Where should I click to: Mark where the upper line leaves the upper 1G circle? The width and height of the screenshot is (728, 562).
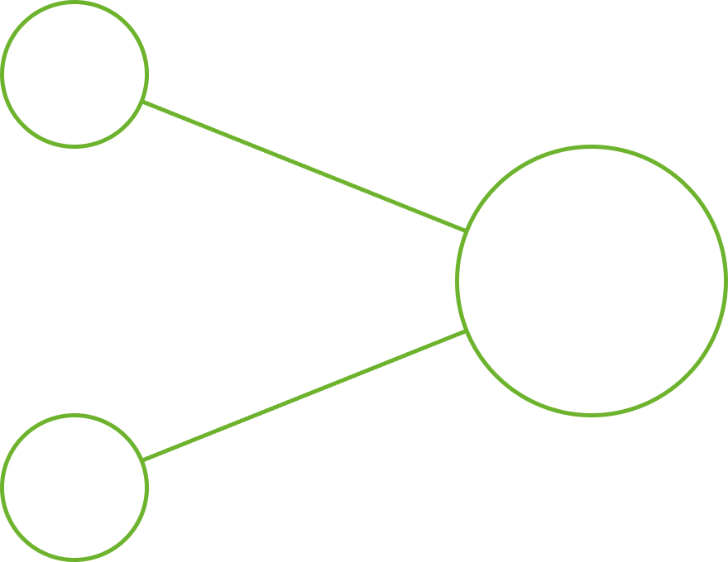pos(143,103)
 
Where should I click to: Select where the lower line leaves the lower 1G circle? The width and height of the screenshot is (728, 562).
pos(143,460)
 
